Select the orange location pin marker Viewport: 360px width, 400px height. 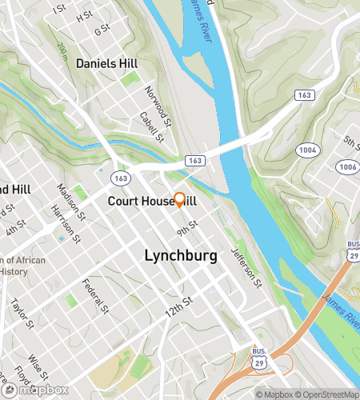point(180,201)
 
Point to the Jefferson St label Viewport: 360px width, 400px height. point(246,267)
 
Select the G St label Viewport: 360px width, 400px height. point(102,30)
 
